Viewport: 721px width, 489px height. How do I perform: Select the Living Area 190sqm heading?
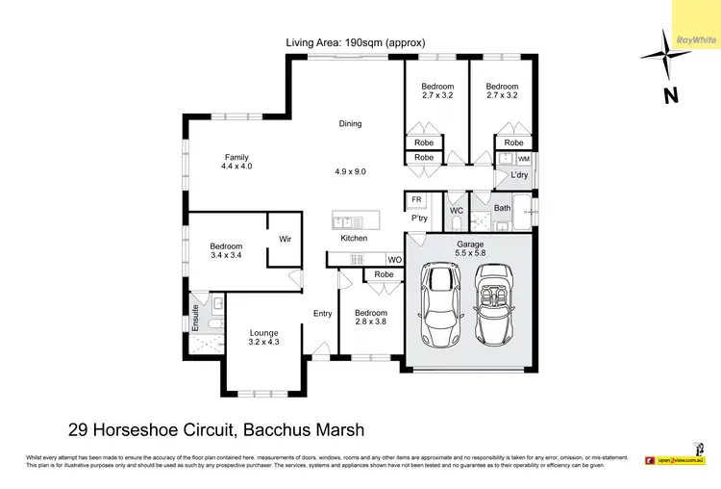355,42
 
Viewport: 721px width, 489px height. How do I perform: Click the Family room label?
236,163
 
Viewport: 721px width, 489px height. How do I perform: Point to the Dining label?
350,123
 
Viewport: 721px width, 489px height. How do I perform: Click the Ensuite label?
195,318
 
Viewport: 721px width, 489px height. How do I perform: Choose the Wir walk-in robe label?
285,239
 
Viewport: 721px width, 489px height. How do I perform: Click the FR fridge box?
416,200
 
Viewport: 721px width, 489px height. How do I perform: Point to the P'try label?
419,219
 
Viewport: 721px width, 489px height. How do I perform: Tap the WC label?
457,210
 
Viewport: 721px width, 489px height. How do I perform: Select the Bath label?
502,208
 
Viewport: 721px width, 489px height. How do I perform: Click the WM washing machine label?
523,158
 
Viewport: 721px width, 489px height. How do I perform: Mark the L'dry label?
519,175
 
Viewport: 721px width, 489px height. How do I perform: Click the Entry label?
322,314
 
